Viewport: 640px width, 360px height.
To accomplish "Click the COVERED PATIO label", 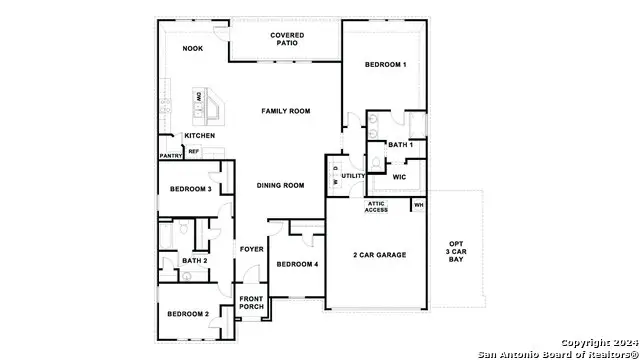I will pyautogui.click(x=288, y=40).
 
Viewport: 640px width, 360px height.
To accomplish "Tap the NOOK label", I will pyautogui.click(x=192, y=48).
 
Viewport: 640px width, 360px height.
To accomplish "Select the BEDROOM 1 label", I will pyautogui.click(x=385, y=65).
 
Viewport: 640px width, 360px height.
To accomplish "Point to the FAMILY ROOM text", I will pyautogui.click(x=284, y=111).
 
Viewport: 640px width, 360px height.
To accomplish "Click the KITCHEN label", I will pyautogui.click(x=200, y=136).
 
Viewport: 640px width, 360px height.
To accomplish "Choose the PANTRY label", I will pyautogui.click(x=170, y=155).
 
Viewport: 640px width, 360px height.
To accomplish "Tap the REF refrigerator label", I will pyautogui.click(x=194, y=152).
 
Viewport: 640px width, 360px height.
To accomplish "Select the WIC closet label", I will pyautogui.click(x=399, y=176).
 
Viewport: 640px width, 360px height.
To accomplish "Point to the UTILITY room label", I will pyautogui.click(x=353, y=176).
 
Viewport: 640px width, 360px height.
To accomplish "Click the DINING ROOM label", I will pyautogui.click(x=281, y=185).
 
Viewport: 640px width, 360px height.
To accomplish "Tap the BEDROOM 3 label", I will pyautogui.click(x=190, y=189).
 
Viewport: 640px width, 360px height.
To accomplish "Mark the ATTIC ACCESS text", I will pyautogui.click(x=376, y=207).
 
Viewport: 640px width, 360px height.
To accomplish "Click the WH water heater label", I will pyautogui.click(x=419, y=206).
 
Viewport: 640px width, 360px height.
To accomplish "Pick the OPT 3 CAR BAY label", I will pyautogui.click(x=456, y=252).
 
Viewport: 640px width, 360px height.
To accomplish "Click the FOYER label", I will pyautogui.click(x=250, y=249).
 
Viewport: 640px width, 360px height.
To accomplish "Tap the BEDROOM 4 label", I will pyautogui.click(x=297, y=264).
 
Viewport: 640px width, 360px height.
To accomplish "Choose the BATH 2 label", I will pyautogui.click(x=194, y=261).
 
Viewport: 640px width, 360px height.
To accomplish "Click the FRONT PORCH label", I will pyautogui.click(x=251, y=302).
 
